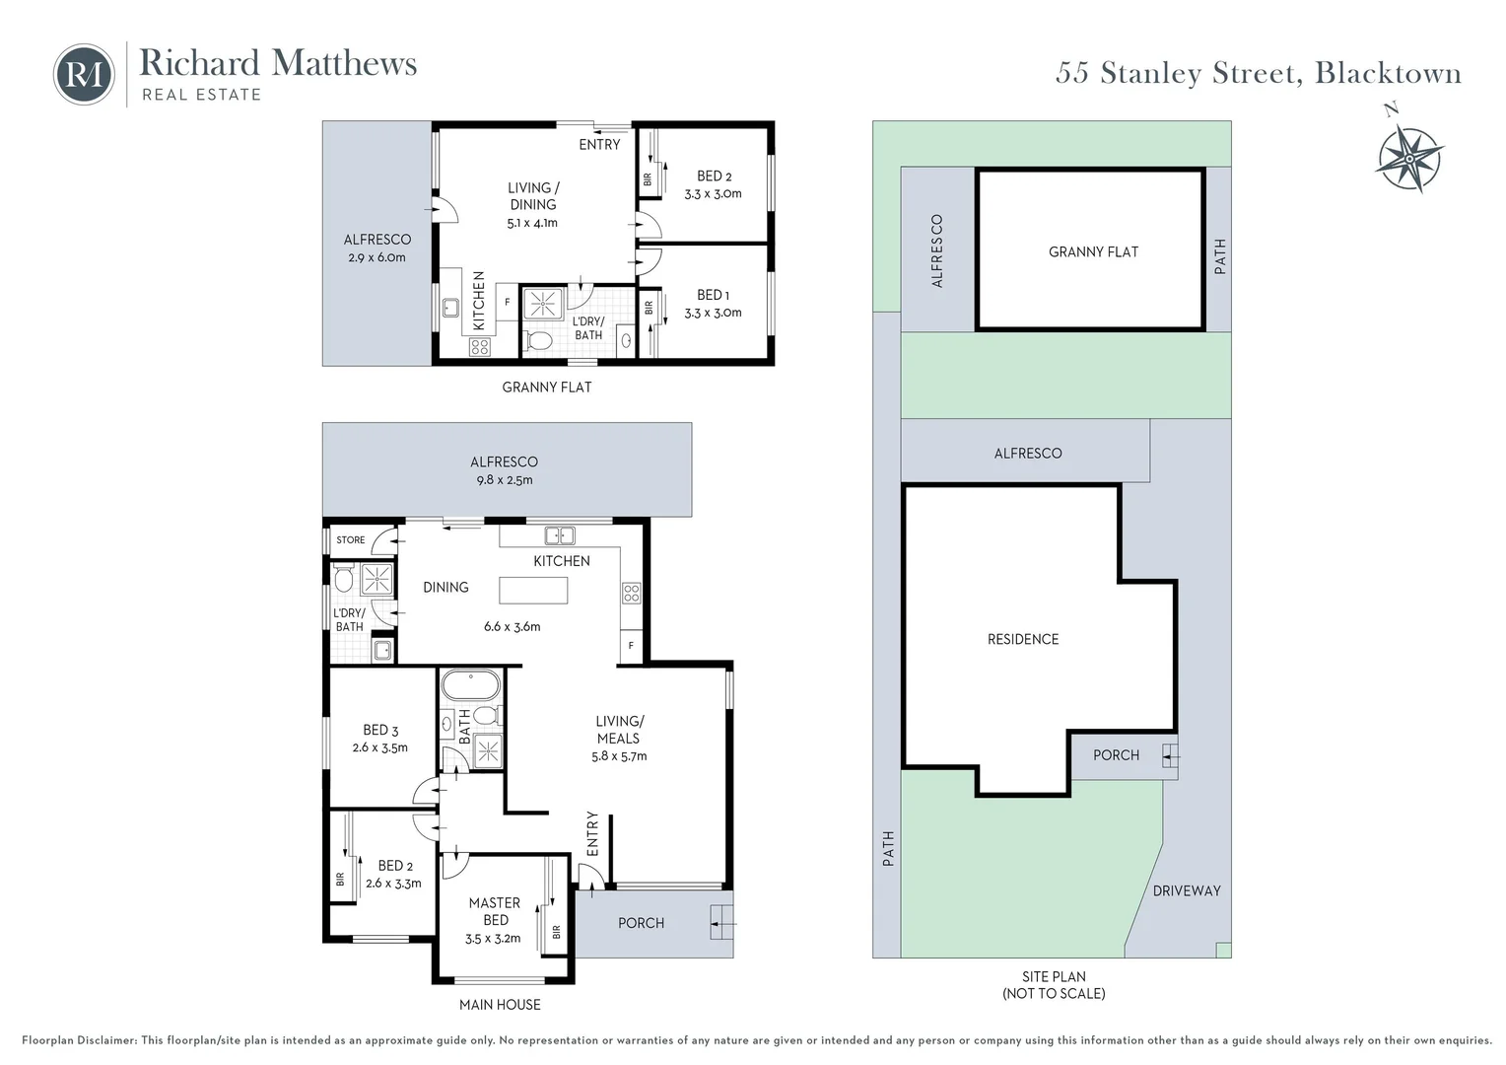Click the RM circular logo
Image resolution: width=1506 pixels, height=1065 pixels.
tap(83, 74)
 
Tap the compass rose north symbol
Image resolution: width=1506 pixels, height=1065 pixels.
tap(1409, 155)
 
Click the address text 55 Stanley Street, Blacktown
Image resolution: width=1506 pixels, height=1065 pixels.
tap(1258, 73)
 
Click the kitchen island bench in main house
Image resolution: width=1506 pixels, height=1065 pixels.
tap(533, 591)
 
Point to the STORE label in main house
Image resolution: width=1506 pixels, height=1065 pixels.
tap(350, 540)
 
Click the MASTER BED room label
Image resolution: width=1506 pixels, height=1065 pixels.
tap(495, 911)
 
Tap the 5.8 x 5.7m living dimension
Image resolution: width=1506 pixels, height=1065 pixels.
tap(619, 756)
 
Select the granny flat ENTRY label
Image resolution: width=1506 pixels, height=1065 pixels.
tap(599, 144)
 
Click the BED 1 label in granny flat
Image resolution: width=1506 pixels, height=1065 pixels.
tap(713, 295)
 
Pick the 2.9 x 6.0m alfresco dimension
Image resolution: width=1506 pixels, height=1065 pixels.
tap(376, 257)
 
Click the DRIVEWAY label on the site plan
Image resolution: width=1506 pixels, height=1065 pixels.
tap(1186, 890)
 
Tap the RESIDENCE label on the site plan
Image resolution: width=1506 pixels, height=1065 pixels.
tap(1023, 639)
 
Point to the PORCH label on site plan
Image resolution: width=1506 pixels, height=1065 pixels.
tap(1116, 754)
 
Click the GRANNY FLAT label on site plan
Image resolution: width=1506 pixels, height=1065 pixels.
tap(1093, 251)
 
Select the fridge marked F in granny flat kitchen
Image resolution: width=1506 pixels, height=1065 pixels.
tap(508, 302)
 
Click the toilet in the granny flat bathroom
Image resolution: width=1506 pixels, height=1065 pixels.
tap(539, 341)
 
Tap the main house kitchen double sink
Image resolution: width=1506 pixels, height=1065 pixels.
tap(560, 535)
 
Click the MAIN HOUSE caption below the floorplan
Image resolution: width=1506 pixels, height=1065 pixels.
tap(500, 1004)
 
